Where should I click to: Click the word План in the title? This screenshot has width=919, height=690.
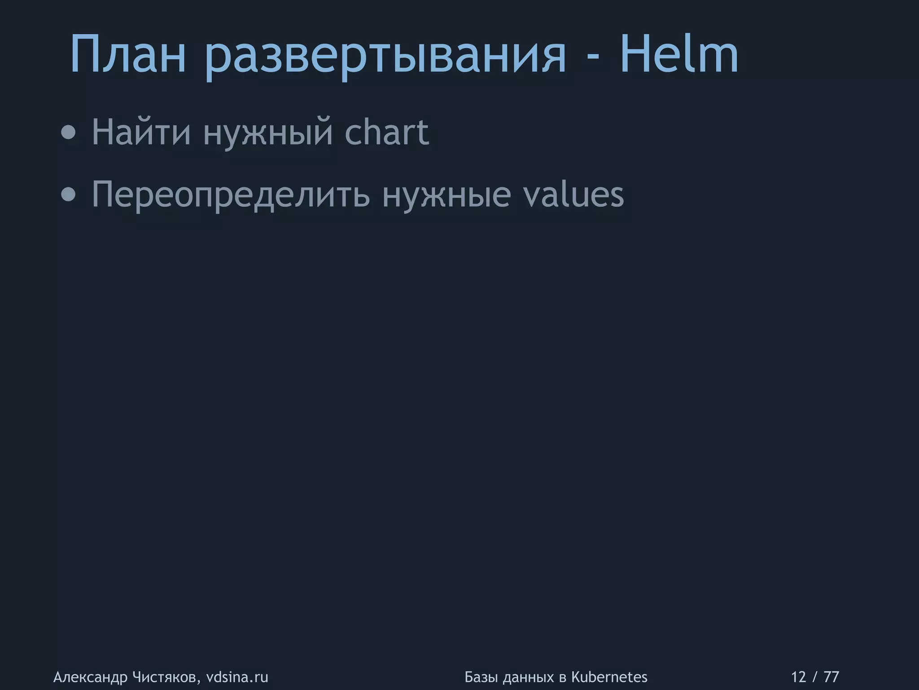128,55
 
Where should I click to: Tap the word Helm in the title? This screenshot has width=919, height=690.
679,55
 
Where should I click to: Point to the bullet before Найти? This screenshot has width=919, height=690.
68,133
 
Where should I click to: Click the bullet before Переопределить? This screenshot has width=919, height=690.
68,195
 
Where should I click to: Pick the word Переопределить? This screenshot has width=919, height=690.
231,195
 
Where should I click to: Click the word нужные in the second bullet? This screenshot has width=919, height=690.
446,195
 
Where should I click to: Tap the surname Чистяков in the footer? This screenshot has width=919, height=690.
166,677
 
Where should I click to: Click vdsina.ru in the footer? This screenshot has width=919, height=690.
237,677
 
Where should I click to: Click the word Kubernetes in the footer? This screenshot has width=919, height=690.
609,677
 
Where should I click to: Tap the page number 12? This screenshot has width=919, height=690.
799,677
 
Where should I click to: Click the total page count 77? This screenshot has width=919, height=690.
831,677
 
